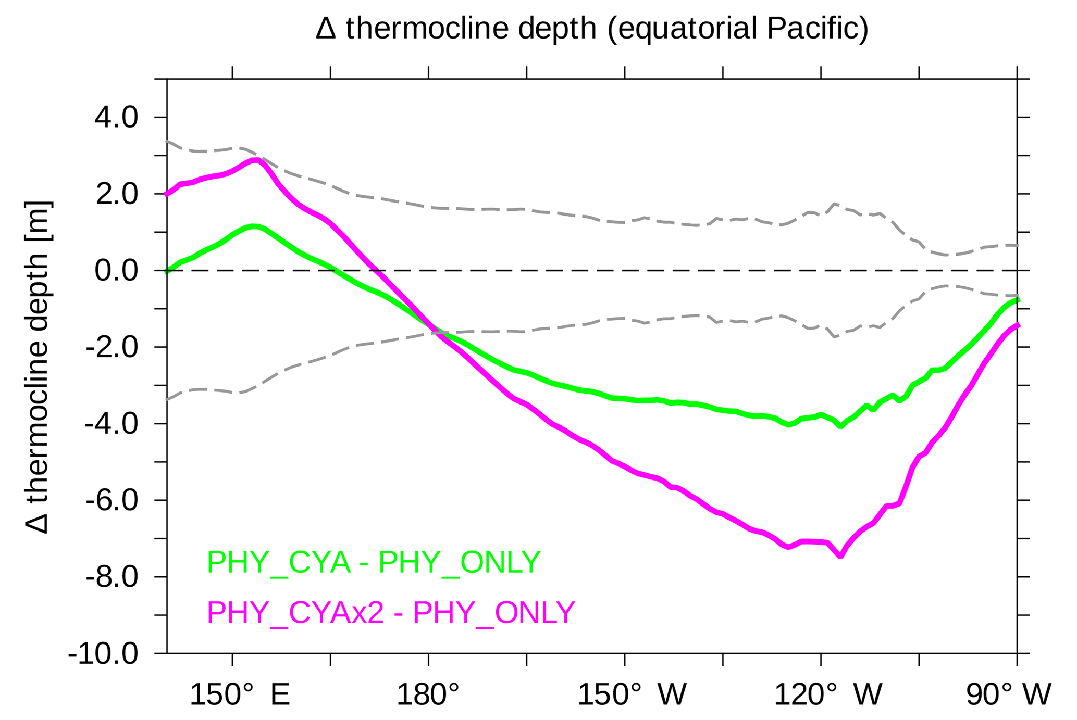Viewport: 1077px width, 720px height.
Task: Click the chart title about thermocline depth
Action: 592,29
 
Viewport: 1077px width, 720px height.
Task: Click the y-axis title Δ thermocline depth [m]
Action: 38,367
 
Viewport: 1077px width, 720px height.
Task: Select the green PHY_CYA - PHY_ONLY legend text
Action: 374,562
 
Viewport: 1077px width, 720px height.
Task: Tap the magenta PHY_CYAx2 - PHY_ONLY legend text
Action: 391,612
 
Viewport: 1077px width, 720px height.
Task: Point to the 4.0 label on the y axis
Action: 116,118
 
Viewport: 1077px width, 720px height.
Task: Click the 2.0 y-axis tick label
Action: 116,194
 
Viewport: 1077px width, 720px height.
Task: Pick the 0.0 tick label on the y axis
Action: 116,271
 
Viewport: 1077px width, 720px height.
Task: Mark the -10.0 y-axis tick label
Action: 103,654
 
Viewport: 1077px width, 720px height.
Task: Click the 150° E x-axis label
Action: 240,695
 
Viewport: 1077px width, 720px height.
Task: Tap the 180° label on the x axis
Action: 428,695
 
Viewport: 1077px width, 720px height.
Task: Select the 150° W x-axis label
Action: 632,695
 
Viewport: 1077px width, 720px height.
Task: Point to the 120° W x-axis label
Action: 828,695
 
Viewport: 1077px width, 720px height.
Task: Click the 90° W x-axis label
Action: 1009,695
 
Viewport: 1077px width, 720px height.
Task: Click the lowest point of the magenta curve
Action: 840,557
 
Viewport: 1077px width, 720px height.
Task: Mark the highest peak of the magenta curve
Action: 255,160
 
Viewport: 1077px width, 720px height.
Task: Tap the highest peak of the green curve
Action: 254,226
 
